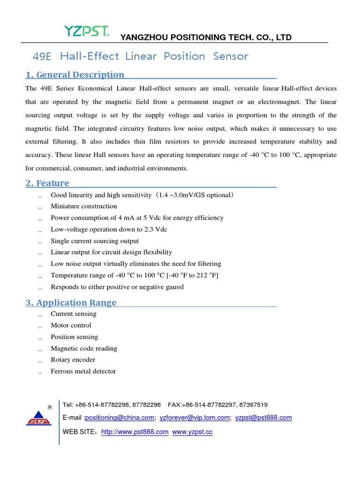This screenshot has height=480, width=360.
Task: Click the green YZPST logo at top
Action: [x=87, y=32]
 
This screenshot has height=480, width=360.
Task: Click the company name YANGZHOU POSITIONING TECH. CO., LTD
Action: [x=206, y=37]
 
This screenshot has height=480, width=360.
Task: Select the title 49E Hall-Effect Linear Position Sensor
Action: [x=140, y=56]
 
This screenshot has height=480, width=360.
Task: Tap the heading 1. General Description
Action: [x=75, y=75]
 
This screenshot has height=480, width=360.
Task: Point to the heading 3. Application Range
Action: [x=71, y=302]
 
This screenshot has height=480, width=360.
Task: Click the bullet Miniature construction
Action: [x=84, y=206]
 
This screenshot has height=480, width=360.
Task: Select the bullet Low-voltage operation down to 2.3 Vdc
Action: [x=109, y=229]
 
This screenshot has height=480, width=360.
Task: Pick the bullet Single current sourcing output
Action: [x=95, y=241]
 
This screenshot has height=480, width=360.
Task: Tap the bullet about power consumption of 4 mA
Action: [x=137, y=217]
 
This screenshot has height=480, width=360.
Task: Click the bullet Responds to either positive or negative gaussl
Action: [x=117, y=287]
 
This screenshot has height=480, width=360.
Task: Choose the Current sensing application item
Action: [x=74, y=314]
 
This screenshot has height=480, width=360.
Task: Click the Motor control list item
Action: [x=71, y=325]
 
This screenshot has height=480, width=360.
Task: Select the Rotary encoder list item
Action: [x=73, y=360]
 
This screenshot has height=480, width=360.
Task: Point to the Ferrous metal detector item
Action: [x=83, y=371]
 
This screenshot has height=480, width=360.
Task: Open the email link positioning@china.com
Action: [x=120, y=418]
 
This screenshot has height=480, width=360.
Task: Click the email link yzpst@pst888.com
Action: [x=263, y=418]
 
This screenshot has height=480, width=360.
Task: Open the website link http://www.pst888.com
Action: [x=135, y=432]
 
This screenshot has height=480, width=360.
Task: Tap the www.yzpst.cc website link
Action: [x=192, y=432]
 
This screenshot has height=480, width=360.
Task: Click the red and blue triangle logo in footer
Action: [x=38, y=417]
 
